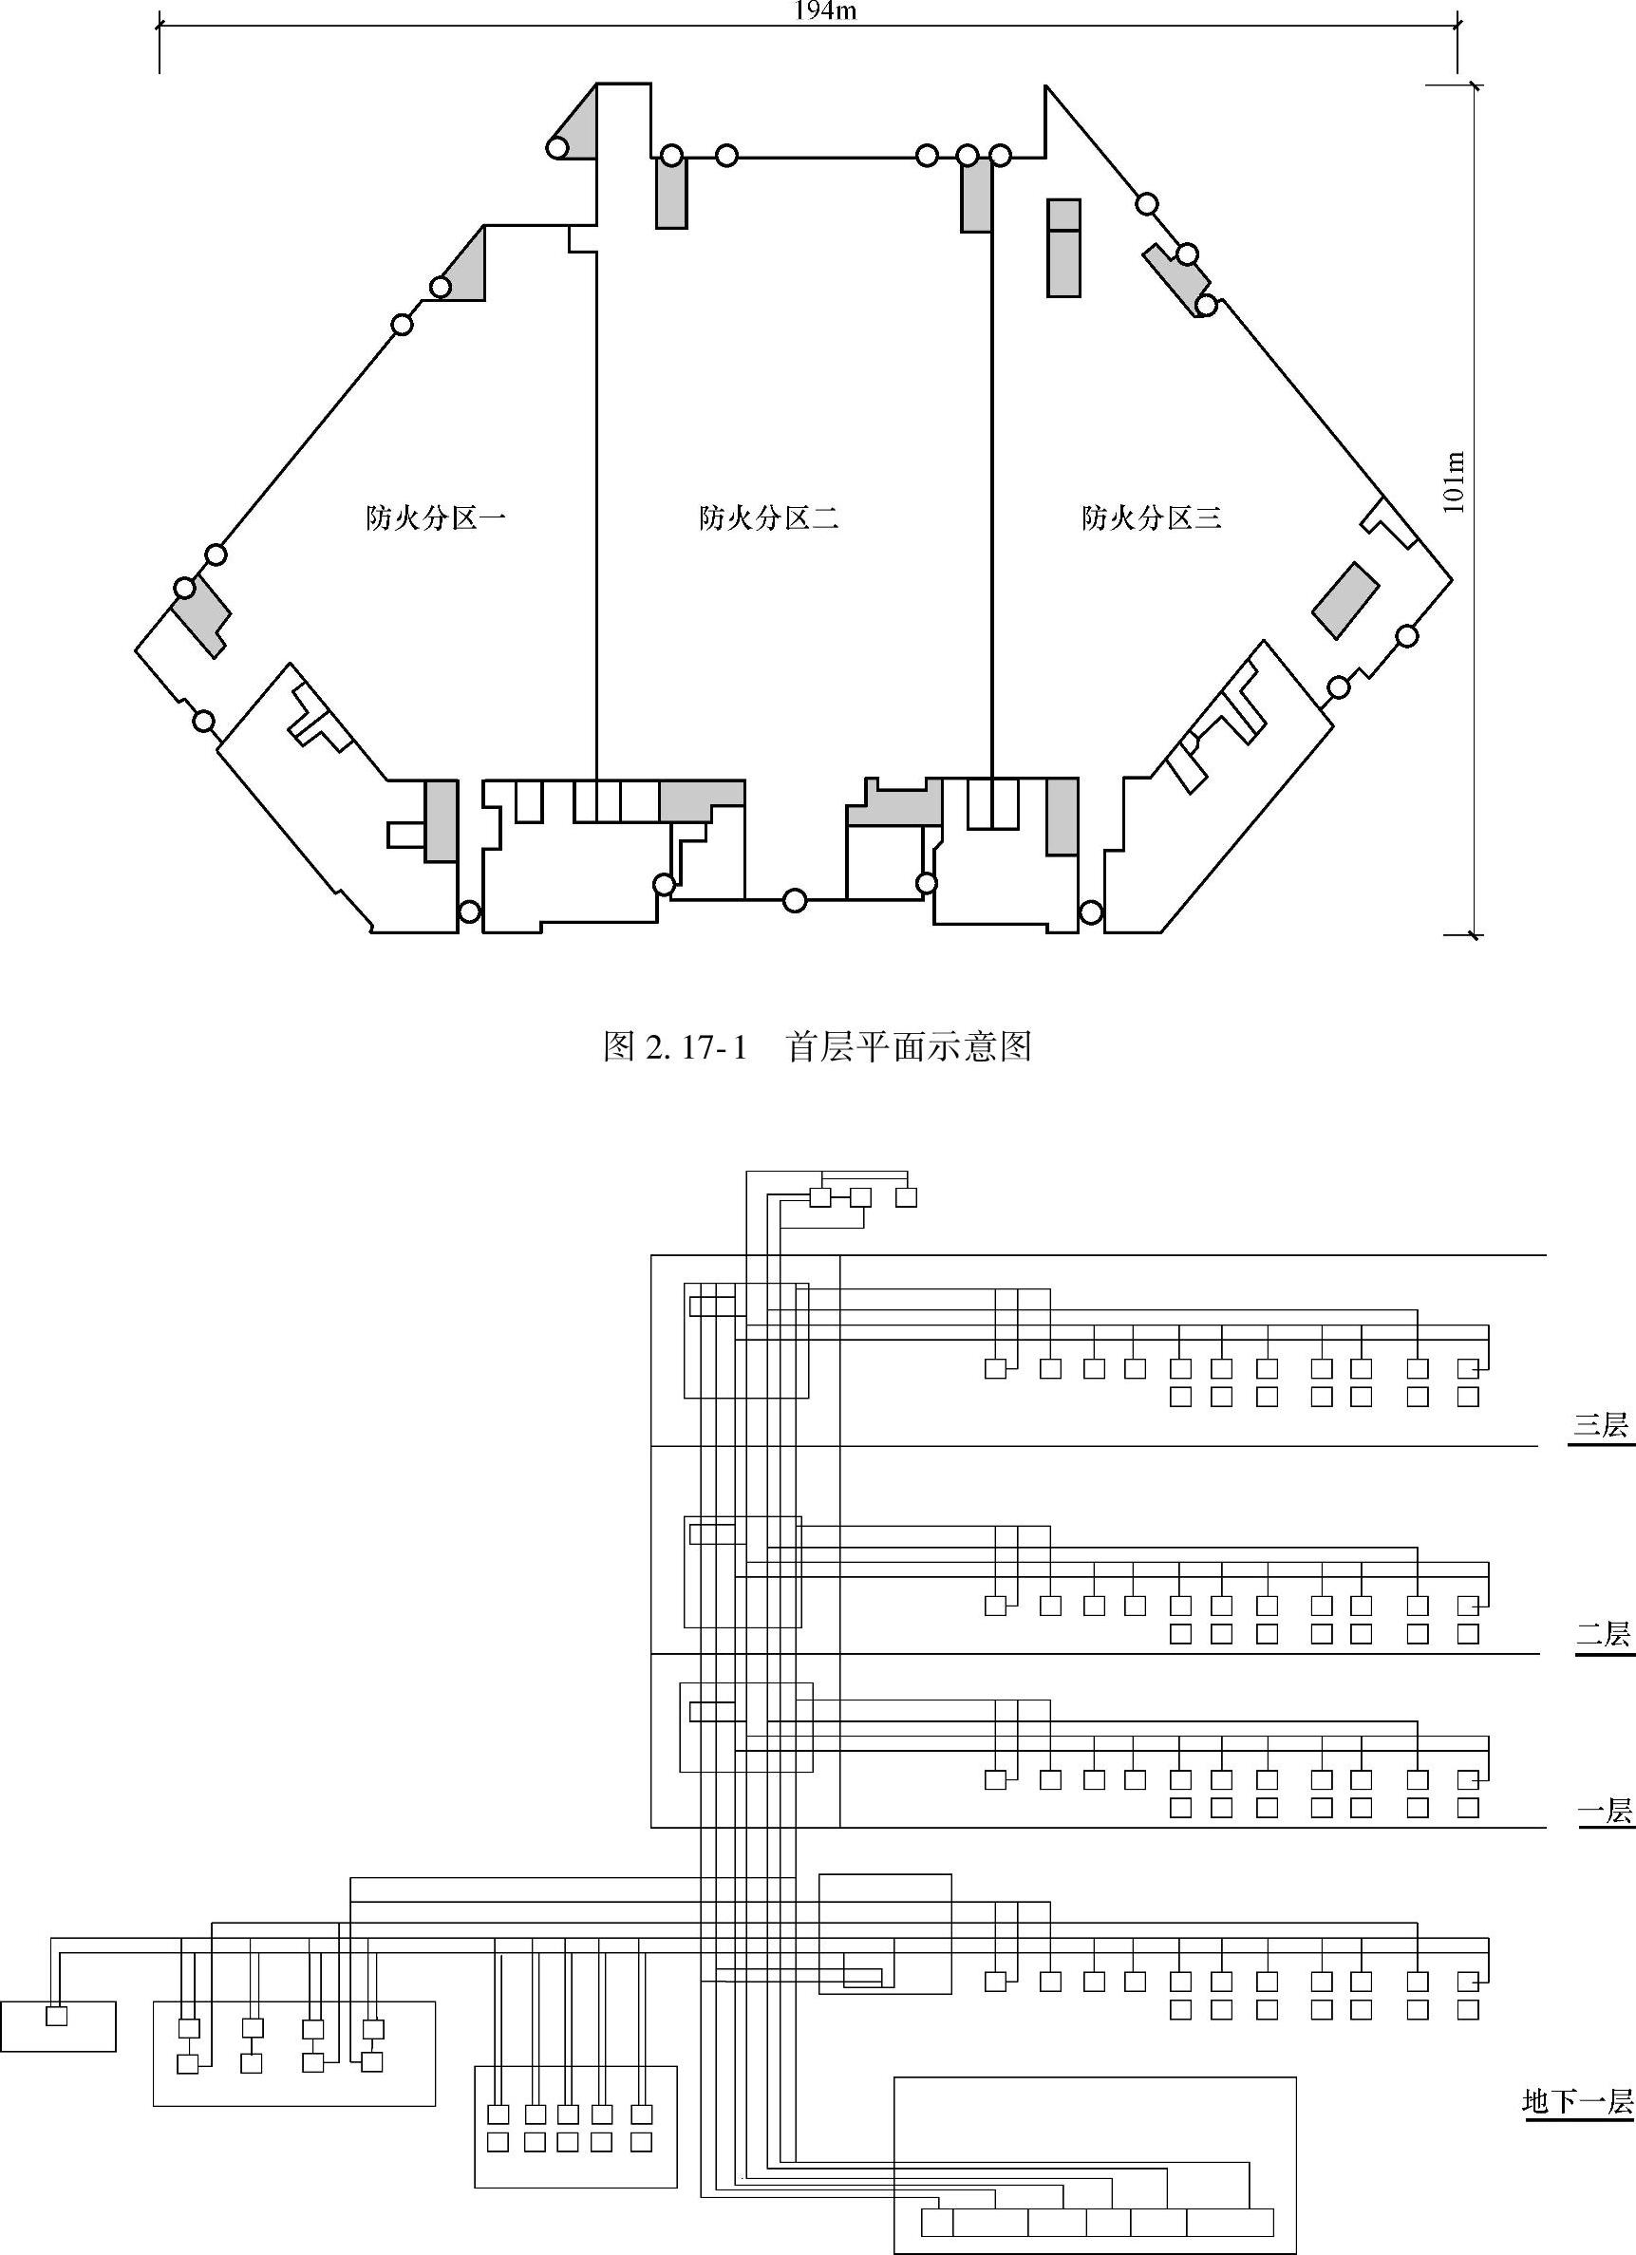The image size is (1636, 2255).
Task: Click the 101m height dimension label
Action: point(1454,482)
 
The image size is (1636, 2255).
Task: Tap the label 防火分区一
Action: point(436,518)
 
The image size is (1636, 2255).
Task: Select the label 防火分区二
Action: point(769,518)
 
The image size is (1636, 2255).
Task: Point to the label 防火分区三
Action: point(1152,518)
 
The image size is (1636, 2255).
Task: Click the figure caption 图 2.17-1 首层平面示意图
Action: point(818,1047)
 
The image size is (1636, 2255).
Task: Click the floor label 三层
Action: point(1601,1426)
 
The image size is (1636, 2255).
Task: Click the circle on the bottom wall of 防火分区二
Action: point(794,901)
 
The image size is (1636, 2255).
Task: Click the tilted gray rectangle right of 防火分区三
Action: point(1345,600)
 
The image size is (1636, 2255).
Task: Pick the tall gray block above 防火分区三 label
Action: point(1063,248)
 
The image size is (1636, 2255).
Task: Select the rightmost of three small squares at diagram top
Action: point(906,1197)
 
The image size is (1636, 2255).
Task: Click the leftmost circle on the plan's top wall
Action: point(672,155)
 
